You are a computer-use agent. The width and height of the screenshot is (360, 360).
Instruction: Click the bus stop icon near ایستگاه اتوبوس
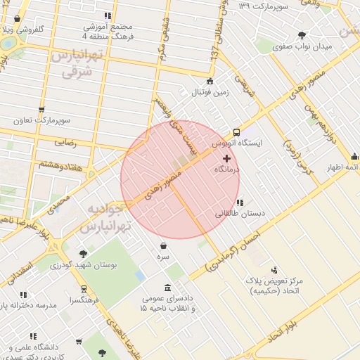click(x=236, y=131)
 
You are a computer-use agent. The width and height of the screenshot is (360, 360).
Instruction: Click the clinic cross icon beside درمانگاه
click(x=226, y=159)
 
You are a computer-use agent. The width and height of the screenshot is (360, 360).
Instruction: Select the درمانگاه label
click(x=227, y=170)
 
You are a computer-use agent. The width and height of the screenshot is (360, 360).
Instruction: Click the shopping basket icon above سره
click(x=164, y=246)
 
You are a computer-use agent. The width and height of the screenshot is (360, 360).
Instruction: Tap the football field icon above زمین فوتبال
click(x=210, y=80)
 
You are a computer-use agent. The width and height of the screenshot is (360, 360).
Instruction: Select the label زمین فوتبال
click(x=208, y=91)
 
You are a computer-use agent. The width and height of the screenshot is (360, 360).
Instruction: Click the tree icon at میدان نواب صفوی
click(x=302, y=35)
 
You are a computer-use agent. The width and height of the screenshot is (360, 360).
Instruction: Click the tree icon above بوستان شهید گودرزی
click(x=83, y=253)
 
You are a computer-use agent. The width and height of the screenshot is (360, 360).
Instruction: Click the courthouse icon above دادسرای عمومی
click(x=167, y=288)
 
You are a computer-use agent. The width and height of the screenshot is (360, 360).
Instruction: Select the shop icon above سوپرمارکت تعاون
click(x=42, y=109)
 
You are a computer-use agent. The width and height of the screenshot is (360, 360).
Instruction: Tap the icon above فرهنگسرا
click(x=84, y=289)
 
